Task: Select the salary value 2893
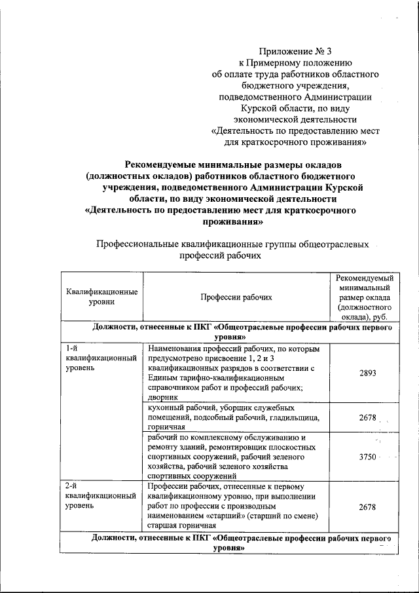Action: click(368, 373)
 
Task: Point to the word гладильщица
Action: click(295, 417)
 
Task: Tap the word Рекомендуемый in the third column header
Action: click(364, 278)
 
